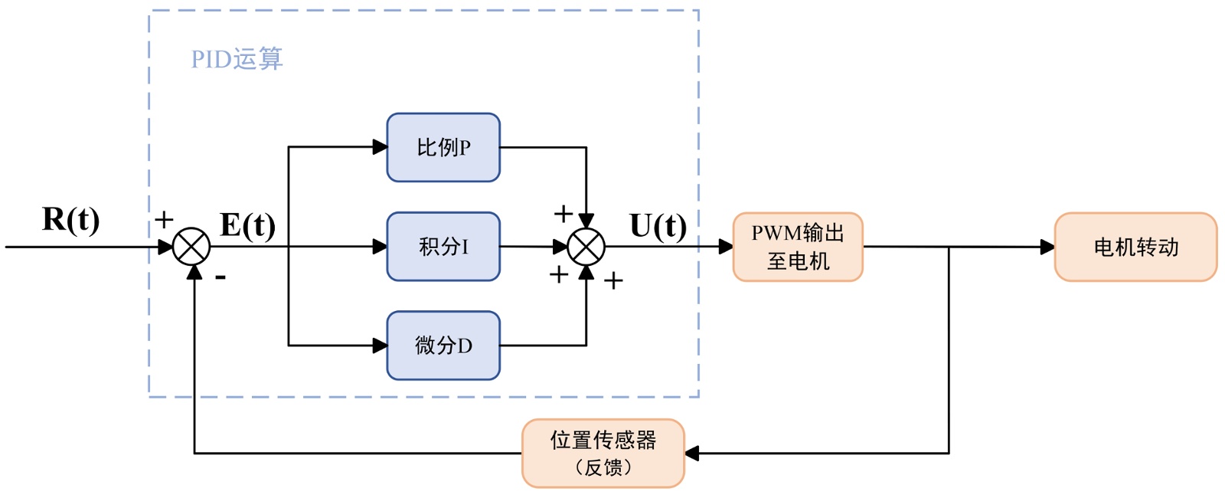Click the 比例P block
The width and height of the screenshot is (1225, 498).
coord(443,148)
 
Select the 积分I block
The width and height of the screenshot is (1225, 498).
coord(443,247)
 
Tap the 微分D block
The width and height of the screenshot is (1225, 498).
coord(443,346)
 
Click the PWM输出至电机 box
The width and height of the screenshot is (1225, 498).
coord(798,247)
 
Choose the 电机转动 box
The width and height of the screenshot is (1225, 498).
coord(1135,247)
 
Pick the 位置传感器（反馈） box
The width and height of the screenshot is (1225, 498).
coord(603,453)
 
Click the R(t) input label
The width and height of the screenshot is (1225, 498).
coord(70,219)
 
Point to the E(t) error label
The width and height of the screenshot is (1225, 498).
coord(247,225)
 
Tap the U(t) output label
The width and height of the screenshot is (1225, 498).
coord(658,226)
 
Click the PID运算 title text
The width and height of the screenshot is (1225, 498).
coord(237,59)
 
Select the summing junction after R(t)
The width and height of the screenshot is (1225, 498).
coord(191,247)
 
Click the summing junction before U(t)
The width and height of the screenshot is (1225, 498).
coord(586,247)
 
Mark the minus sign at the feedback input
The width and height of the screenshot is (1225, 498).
coord(220,277)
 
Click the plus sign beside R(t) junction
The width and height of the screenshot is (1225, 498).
coord(164,220)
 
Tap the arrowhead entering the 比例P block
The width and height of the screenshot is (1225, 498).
coord(380,147)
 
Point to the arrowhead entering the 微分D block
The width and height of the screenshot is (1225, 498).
coord(380,346)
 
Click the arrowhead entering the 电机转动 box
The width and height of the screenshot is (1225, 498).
coord(1047,247)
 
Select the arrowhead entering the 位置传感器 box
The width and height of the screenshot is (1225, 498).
coord(692,454)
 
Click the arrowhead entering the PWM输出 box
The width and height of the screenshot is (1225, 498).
coord(726,247)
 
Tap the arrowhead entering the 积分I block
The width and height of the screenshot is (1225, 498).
coord(380,247)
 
